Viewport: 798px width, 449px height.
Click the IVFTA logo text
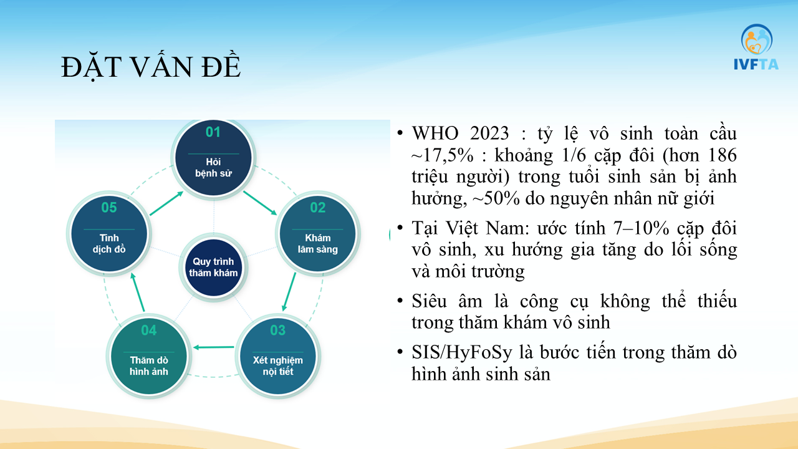[x=756, y=64]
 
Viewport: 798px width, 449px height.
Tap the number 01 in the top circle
[x=213, y=132]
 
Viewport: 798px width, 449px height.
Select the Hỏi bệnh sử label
[x=213, y=168]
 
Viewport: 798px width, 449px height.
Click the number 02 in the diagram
[x=318, y=208]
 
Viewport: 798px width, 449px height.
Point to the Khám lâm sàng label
[x=318, y=243]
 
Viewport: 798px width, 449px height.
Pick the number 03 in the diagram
[x=278, y=331]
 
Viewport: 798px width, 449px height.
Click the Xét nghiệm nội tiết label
[x=278, y=365]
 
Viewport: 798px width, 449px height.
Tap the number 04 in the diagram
[x=148, y=331]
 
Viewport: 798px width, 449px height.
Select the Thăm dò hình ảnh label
[x=148, y=365]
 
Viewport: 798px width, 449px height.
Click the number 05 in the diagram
[x=109, y=208]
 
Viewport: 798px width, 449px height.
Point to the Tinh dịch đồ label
[x=109, y=243]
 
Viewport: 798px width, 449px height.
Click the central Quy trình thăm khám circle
[x=213, y=268]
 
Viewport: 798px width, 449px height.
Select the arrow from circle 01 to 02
[x=260, y=203]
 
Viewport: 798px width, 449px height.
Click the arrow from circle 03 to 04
[x=214, y=347]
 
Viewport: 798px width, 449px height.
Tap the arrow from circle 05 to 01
[x=166, y=203]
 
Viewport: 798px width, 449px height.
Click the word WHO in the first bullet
[x=435, y=133]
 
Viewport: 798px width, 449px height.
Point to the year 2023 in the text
[x=489, y=133]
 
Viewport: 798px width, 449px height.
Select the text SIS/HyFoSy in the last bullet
[x=462, y=353]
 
